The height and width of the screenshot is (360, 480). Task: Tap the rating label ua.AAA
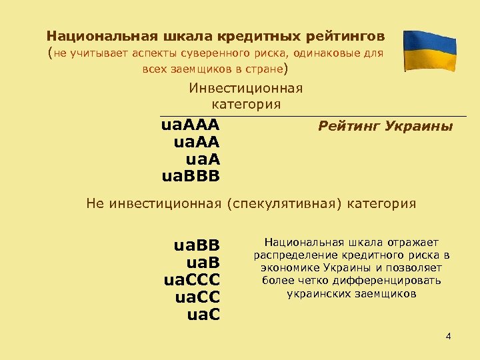pos(191,125)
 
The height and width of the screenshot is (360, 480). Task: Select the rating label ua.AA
pos(197,142)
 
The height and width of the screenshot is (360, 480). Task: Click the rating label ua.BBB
pos(191,175)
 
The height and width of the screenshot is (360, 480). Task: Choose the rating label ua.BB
pos(197,246)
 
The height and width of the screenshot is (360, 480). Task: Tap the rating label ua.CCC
pos(192,279)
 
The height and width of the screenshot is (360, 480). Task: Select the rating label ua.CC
pos(197,295)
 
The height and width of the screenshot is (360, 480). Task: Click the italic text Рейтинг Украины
pos(385,125)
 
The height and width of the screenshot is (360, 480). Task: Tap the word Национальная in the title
pos(91,35)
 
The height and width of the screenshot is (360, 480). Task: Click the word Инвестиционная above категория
pos(246,89)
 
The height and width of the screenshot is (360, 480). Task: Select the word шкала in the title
pos(164,35)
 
